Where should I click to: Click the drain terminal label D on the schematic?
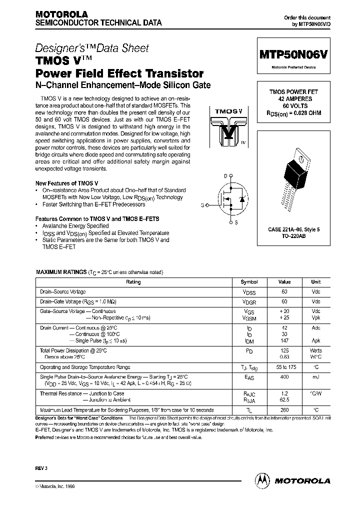click(x=225, y=175)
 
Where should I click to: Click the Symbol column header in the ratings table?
click(x=249, y=282)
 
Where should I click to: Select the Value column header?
click(x=284, y=282)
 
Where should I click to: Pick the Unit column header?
click(x=316, y=282)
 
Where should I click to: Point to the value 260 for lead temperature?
click(x=284, y=409)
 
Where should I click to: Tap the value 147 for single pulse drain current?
click(x=284, y=340)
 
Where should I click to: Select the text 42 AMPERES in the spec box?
click(x=295, y=99)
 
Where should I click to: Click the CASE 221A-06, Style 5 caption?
click(x=295, y=228)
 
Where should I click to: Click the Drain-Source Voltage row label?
click(x=63, y=291)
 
